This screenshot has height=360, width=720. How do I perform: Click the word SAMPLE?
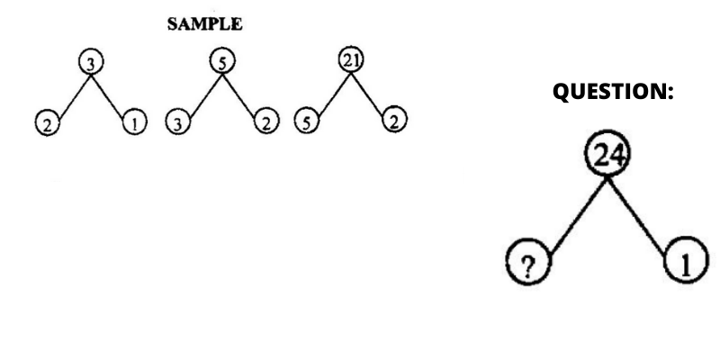tap(205, 24)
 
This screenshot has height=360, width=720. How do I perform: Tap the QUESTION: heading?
tap(613, 92)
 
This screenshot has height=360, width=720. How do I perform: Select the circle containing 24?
tap(607, 153)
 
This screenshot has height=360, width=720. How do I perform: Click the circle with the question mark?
tap(528, 262)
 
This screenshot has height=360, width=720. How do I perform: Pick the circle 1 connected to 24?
tap(687, 260)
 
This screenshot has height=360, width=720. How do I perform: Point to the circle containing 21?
tap(351, 60)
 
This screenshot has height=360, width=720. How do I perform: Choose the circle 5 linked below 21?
tap(306, 121)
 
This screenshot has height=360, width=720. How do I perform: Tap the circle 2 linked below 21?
tap(394, 120)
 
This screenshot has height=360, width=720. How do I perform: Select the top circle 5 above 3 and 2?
tap(222, 61)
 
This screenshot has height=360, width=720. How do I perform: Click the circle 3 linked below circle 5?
tap(177, 121)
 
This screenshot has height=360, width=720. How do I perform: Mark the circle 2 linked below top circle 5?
tap(266, 121)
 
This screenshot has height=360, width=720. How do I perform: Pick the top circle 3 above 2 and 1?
tap(91, 62)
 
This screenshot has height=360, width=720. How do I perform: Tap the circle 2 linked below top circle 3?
tap(48, 123)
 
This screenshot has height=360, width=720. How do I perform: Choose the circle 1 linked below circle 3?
tap(134, 122)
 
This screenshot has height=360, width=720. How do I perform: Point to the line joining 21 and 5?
tap(334, 94)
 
